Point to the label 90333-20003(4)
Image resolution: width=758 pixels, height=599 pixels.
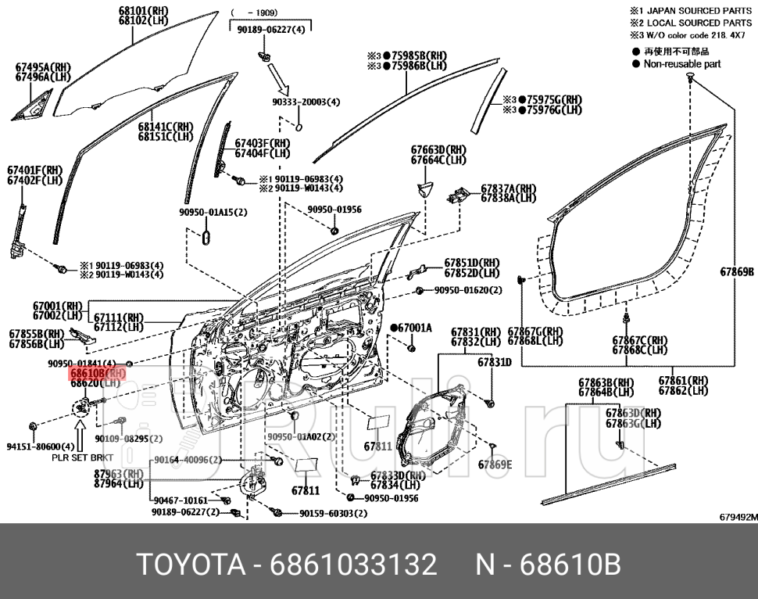306,102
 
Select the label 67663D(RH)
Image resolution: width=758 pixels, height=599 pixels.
438,150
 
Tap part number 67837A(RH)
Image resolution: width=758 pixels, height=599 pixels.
508,188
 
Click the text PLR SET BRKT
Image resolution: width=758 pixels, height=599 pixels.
82,457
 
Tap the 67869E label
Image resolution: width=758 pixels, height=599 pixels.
495,465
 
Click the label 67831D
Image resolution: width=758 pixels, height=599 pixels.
494,362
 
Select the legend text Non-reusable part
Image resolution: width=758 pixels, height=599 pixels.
681,64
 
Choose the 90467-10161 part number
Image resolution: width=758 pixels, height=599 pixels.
181,500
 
